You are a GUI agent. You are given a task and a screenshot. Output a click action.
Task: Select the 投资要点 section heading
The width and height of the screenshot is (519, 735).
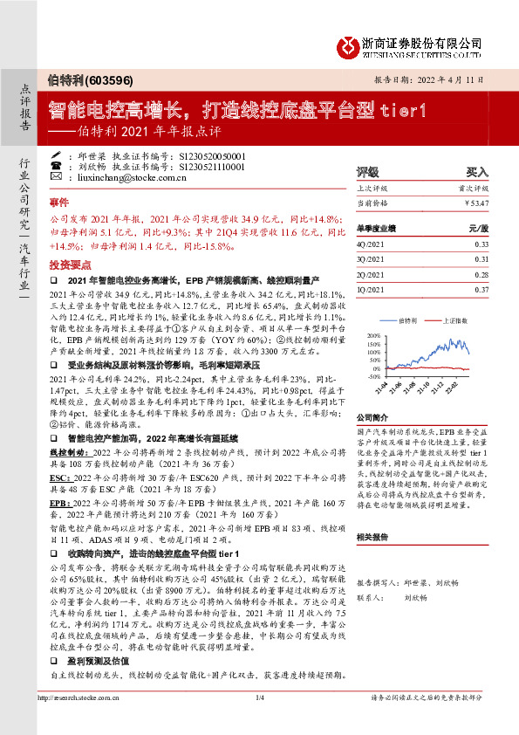(71, 263)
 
